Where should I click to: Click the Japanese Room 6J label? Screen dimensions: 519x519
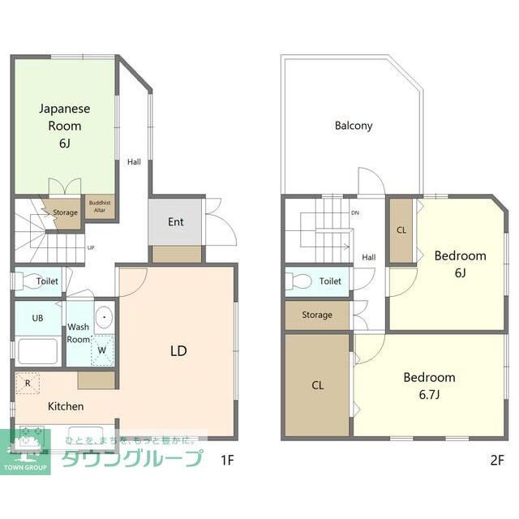[x=64, y=126]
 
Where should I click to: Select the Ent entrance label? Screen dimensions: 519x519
[x=176, y=221]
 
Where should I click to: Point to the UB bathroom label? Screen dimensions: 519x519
[x=37, y=318]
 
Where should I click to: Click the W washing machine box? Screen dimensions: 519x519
[x=102, y=350]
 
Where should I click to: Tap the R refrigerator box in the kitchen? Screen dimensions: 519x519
[x=27, y=383]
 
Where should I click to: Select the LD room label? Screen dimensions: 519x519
[x=178, y=351]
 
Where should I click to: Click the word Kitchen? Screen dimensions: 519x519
[x=66, y=405]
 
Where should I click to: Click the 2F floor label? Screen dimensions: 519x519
[x=497, y=460]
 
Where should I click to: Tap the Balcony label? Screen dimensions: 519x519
[x=354, y=126]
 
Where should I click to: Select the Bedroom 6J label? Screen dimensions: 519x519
[x=460, y=264]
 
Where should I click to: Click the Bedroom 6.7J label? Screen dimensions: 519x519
[x=429, y=385]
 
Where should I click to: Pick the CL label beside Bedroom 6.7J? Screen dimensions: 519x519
[x=318, y=386]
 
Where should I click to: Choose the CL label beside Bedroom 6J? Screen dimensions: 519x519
[x=401, y=229]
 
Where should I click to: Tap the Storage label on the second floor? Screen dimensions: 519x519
[x=316, y=315]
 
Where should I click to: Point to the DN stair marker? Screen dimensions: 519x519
[x=355, y=213]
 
